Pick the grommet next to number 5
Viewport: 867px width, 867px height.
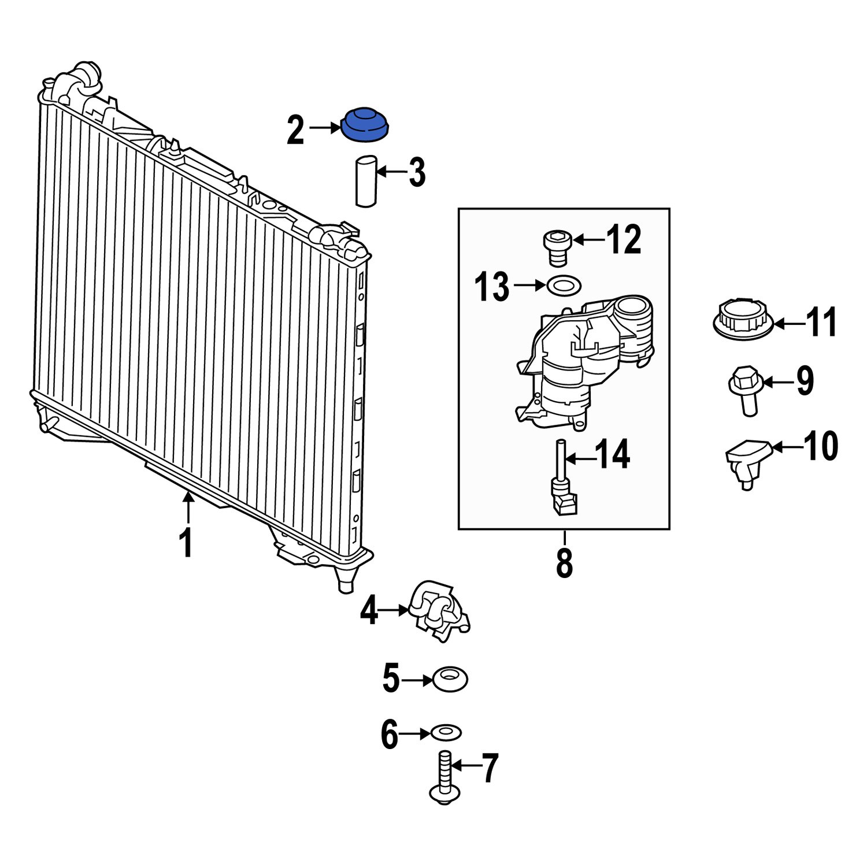[x=450, y=679]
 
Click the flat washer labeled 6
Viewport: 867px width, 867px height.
[x=446, y=733]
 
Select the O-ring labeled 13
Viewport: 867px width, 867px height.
[x=564, y=285]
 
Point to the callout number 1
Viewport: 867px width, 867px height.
[x=186, y=543]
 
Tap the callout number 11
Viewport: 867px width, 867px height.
[x=821, y=323]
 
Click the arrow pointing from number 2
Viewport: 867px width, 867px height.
[x=324, y=128]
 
